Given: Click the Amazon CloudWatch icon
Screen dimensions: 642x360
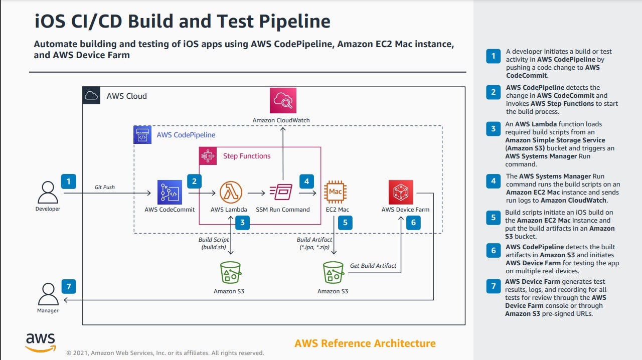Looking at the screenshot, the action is point(283,101).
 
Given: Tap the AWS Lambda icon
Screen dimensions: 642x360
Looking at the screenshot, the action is point(231,192).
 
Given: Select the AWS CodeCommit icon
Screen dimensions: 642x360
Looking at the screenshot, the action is point(170,192).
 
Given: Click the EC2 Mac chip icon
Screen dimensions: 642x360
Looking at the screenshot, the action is point(335,192).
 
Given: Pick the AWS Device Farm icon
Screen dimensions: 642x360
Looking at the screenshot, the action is point(401,192).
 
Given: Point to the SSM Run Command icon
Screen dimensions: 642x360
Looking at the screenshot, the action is point(281,192).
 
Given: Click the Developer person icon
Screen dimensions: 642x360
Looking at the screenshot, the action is point(48,193).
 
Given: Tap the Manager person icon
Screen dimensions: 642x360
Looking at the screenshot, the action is point(48,294).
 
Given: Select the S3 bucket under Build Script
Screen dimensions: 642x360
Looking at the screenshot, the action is point(230,272).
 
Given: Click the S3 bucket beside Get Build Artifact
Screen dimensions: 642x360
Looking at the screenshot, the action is point(334,272).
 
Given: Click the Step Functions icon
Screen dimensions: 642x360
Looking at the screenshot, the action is point(208,156).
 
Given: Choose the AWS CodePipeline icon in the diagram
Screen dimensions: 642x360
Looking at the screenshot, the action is point(142,135).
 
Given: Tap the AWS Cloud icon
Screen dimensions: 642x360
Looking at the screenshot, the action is point(91,95).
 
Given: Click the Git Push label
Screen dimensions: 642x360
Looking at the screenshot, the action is point(105,187).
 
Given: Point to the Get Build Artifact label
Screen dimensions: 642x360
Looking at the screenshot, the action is point(373,266).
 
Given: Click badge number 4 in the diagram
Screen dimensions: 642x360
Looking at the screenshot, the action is point(306,182).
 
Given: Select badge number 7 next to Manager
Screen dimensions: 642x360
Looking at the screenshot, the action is point(69,286).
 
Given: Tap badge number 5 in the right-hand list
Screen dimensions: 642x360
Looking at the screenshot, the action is point(493,218).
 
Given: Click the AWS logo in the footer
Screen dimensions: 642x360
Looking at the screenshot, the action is point(41,342).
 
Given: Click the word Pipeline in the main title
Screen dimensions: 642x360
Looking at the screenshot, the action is point(294,22).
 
